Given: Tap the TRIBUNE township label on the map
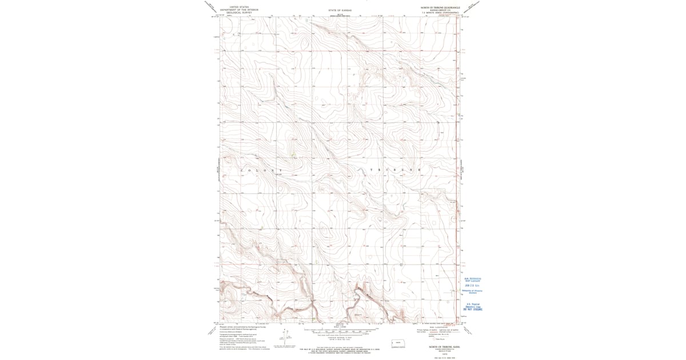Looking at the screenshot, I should pos(394,171).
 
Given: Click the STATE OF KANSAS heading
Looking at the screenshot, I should pos(341,10).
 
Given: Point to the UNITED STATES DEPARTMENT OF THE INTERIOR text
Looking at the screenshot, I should pos(239,9).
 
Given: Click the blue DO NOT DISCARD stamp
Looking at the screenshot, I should pos(473,309).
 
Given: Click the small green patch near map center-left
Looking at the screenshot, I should pos(292,154).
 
